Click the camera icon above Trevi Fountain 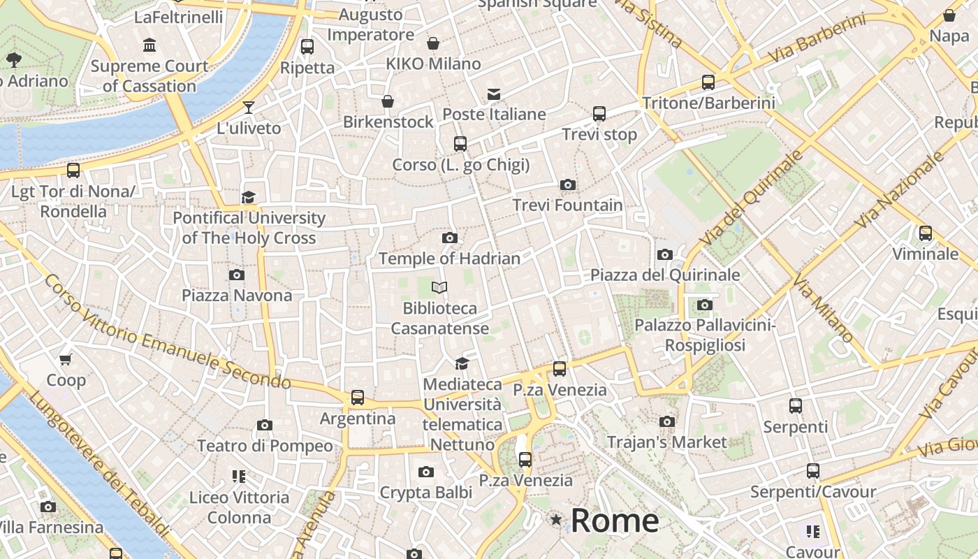click(x=568, y=185)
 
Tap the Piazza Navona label click(x=237, y=295)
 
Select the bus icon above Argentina click(x=358, y=398)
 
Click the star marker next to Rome click(x=556, y=520)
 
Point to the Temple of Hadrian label click(x=449, y=259)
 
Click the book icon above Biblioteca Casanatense click(x=439, y=287)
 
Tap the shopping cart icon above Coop click(x=66, y=360)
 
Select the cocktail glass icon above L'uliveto click(x=248, y=108)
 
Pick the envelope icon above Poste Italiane click(x=494, y=94)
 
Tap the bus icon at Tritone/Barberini click(x=708, y=82)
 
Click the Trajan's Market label click(x=666, y=442)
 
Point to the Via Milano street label click(x=823, y=308)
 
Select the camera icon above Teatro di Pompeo click(x=264, y=425)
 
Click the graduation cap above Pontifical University click(x=248, y=197)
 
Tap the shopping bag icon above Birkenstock click(x=388, y=102)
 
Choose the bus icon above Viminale click(x=926, y=233)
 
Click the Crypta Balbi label click(x=426, y=492)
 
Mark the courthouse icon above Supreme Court click(x=149, y=46)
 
